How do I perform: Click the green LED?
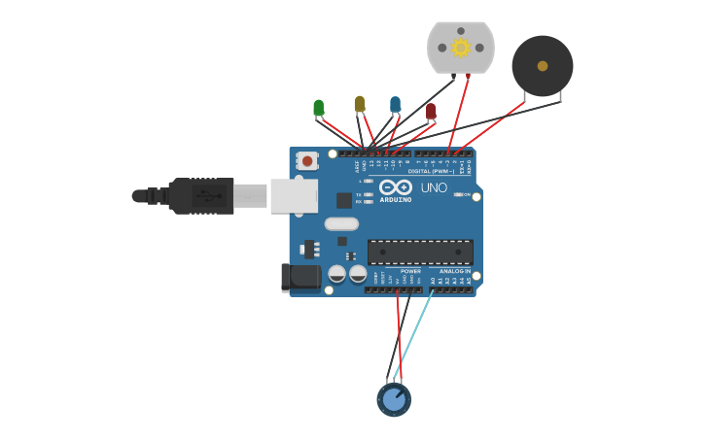[318, 108]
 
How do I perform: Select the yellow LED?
[360, 104]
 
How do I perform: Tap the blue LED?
[395, 104]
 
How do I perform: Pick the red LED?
[431, 112]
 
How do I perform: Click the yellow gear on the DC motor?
[461, 48]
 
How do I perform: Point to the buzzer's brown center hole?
[543, 66]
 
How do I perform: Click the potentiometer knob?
[393, 399]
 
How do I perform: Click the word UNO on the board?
[434, 187]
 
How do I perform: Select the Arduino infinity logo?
[396, 186]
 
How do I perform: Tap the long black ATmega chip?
[420, 253]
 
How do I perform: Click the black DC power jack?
[301, 278]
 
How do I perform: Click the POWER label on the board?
[410, 271]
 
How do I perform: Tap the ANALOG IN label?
[454, 271]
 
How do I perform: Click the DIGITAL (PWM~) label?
[431, 171]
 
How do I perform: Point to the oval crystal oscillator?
[341, 223]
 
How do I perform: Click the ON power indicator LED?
[458, 194]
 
